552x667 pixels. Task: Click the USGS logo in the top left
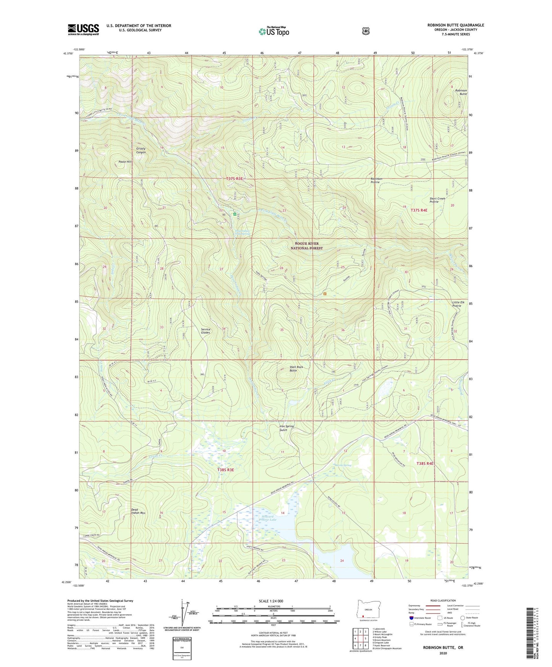coord(83,29)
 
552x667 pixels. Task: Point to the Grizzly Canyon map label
coord(138,150)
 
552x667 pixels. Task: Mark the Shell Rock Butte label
coord(296,369)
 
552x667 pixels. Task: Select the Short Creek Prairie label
coord(437,200)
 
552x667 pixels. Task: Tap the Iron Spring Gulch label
coord(286,428)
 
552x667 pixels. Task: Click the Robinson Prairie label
coord(376,180)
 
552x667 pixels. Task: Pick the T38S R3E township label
coord(225,470)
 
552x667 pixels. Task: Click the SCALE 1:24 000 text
coord(274,601)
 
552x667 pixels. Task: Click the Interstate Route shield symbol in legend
coord(411,617)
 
